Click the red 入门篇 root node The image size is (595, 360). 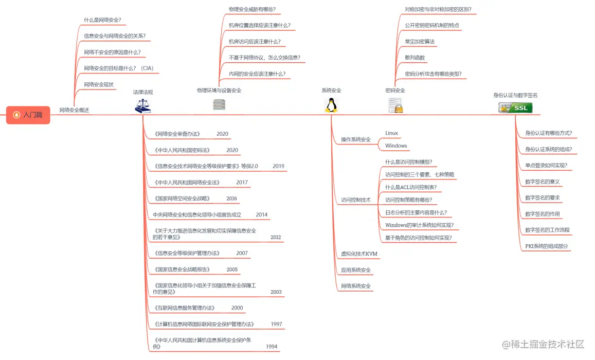(28, 115)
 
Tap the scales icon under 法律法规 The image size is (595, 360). (142, 106)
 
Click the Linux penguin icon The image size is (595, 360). (331, 105)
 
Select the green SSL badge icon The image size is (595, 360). (515, 107)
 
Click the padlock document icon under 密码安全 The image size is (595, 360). (395, 105)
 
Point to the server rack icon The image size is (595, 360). (219, 105)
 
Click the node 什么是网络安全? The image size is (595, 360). (102, 20)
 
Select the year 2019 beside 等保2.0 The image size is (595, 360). (278, 166)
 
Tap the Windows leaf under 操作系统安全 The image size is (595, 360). (396, 146)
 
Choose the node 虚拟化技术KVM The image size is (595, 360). (359, 254)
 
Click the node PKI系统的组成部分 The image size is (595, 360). (547, 246)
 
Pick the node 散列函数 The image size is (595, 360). (414, 58)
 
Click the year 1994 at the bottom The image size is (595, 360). (272, 347)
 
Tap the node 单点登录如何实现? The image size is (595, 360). (546, 166)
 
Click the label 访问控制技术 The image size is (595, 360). (355, 200)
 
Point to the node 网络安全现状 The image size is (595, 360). (99, 84)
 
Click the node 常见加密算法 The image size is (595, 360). (420, 42)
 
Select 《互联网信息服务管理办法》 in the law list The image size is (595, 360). (184, 308)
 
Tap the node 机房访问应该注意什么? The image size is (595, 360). (255, 42)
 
